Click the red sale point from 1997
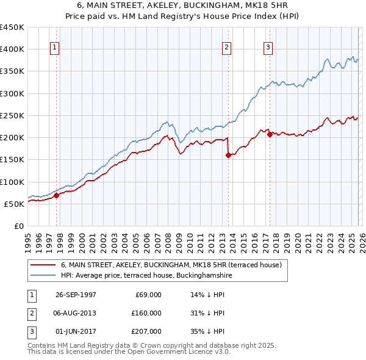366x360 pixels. pos(57,196)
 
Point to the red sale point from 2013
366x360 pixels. pos(228,156)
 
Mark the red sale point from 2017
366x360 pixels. pos(269,135)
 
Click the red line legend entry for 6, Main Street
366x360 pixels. pos(171,265)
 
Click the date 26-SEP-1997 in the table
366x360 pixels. pos(76,295)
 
